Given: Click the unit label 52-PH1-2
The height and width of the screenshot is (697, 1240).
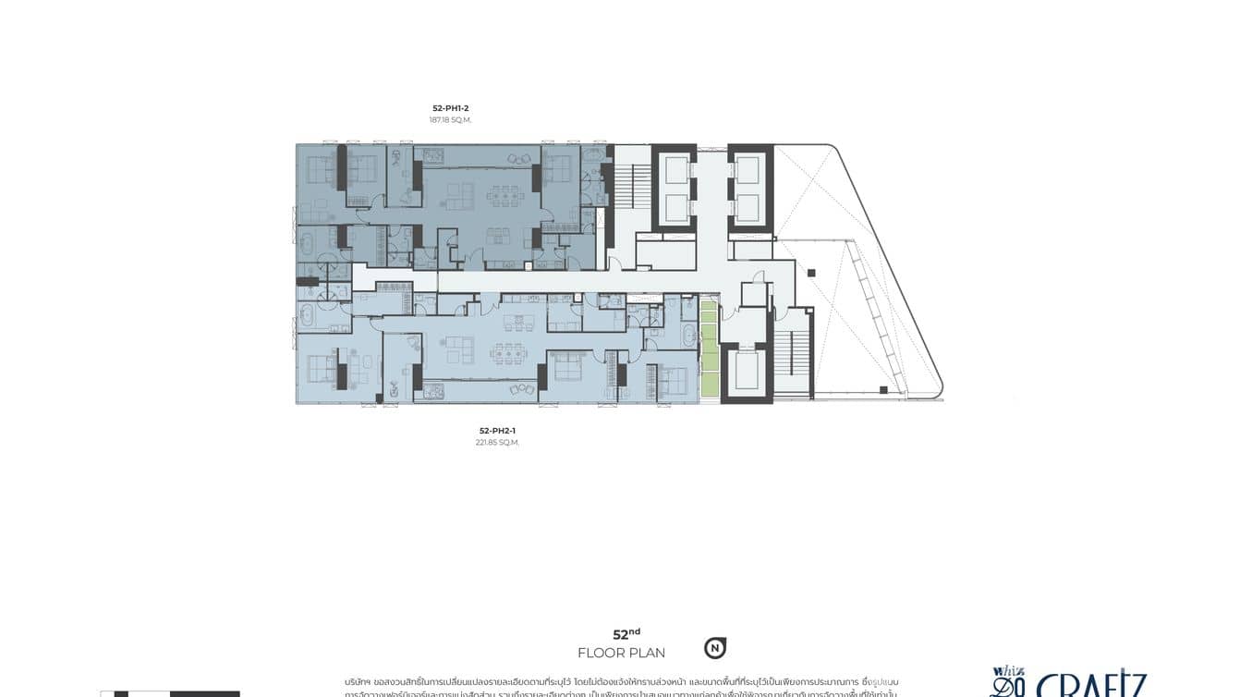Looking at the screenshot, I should [450, 108].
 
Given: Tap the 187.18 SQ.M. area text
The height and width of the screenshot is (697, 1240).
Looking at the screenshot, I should [450, 120].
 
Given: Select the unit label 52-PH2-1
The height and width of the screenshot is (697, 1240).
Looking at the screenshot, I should [497, 431].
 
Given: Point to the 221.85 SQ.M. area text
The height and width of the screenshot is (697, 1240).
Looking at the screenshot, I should [497, 443].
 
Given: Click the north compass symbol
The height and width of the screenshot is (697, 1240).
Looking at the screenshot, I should [714, 648].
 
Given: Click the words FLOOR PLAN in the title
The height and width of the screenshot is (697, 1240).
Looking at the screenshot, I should [621, 654].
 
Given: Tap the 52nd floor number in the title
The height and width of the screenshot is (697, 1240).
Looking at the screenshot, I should [626, 634].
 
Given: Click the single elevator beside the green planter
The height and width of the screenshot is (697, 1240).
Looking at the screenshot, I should [746, 370].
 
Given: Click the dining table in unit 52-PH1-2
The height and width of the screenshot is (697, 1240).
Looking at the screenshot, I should [505, 194].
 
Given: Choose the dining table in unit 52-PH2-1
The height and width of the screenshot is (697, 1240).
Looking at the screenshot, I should [508, 352].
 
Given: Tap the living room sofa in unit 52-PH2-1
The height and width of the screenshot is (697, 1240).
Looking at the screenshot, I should [457, 349].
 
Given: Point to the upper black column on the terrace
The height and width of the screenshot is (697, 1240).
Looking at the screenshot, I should [811, 273].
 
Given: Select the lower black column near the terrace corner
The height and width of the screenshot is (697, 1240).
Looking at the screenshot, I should [883, 390].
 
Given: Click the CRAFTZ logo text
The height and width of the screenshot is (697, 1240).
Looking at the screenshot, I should [1090, 686].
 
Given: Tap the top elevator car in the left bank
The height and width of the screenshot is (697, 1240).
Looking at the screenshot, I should [675, 169].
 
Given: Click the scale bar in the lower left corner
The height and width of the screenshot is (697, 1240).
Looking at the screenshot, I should [170, 693].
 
